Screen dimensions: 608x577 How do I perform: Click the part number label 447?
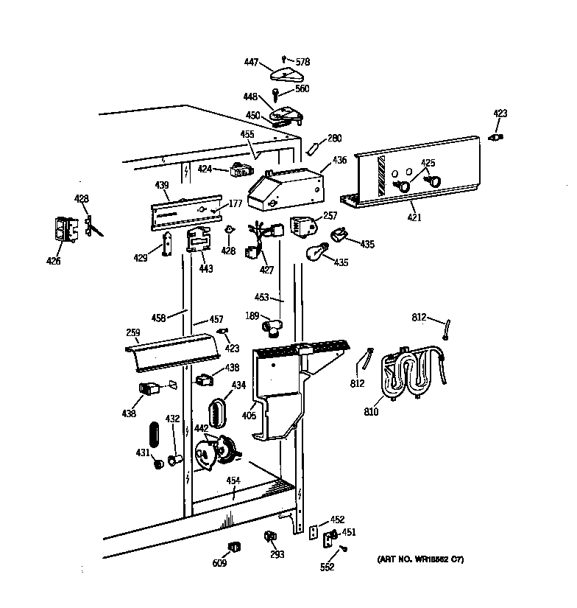tap(251, 63)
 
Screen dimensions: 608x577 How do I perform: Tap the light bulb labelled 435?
tap(315, 251)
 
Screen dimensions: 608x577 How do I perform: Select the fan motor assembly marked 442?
tap(213, 452)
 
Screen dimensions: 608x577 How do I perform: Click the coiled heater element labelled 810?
tap(408, 375)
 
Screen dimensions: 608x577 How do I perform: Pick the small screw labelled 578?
tap(285, 59)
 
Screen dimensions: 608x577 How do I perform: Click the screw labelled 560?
tap(275, 94)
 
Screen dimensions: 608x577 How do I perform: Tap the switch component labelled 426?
tap(66, 228)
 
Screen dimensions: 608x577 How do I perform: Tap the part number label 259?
tap(132, 334)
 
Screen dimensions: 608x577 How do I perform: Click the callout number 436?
tap(339, 160)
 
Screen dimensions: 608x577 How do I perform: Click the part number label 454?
tap(233, 481)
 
